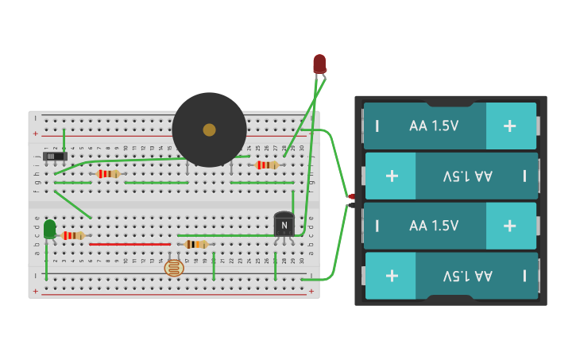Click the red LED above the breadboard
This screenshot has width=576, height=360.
[319, 63]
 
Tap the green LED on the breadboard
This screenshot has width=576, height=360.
[49, 229]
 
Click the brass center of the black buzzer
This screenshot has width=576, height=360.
[209, 130]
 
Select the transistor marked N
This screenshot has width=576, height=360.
[284, 225]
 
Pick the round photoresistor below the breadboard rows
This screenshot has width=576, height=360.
[174, 268]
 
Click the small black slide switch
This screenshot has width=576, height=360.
[53, 157]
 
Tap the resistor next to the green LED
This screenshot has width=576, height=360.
[73, 235]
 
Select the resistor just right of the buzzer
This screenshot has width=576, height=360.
[267, 165]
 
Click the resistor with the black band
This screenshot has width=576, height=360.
[195, 244]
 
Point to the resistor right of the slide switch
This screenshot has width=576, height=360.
[108, 173]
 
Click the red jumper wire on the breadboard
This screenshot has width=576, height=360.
[130, 244]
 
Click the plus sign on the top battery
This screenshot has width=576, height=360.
[509, 126]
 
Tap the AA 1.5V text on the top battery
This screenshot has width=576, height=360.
[434, 126]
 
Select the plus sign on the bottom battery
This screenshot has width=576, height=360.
[392, 275]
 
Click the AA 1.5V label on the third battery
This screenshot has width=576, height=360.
[434, 226]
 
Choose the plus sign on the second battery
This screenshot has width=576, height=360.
[392, 176]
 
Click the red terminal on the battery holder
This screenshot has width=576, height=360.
[351, 196]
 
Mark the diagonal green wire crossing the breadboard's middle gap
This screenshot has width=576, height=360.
[73, 204]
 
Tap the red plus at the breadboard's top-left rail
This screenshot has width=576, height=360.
[35, 134]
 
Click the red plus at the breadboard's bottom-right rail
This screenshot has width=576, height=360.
[311, 291]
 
